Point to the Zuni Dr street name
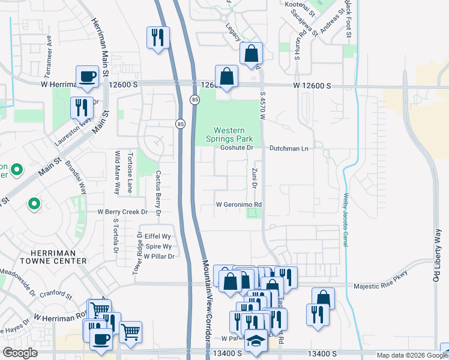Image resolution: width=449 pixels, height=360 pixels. coord(255,179)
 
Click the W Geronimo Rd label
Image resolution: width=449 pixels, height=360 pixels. coord(240,205)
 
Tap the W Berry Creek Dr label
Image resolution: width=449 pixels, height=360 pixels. coord(122,212)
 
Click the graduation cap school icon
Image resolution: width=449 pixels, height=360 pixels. coord(256,341)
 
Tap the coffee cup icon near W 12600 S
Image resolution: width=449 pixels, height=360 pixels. coord(88,76)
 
